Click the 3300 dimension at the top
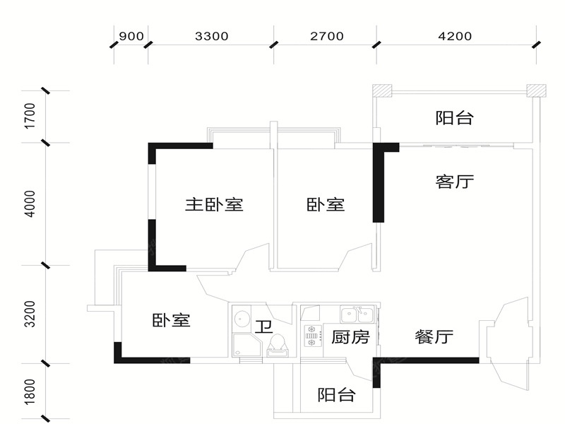point(211,36)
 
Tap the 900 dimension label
point(132,36)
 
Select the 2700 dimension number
point(326,36)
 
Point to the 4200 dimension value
point(454,36)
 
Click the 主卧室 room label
point(214,205)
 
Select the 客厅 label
point(454,182)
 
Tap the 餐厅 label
point(434,337)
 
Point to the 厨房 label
point(350,337)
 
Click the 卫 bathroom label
point(263,327)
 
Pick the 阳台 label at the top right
point(453,118)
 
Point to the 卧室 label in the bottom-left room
point(171,320)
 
